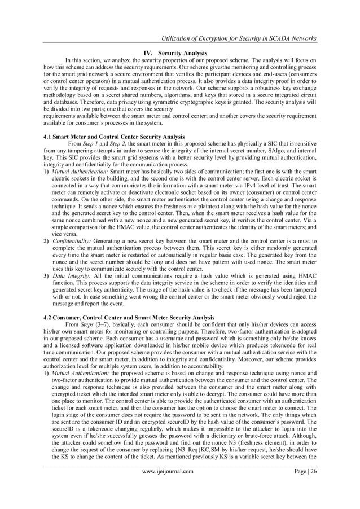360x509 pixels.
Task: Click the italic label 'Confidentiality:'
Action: point(74,240)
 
